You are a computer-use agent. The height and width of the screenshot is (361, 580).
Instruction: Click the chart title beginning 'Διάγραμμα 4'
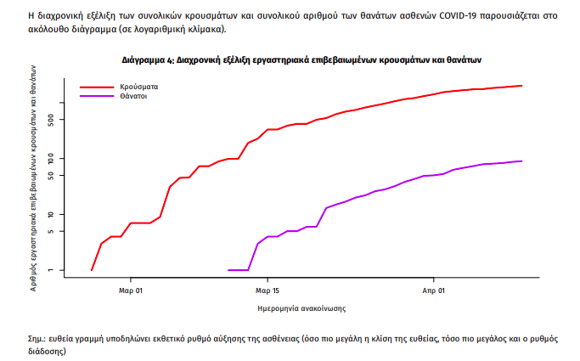[301, 60]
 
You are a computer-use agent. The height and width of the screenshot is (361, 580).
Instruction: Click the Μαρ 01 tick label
[130, 290]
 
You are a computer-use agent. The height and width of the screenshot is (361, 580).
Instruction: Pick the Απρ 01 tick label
[433, 290]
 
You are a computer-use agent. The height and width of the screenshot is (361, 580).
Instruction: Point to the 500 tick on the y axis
[52, 121]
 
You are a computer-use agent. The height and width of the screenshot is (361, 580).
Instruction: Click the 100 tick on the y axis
[52, 159]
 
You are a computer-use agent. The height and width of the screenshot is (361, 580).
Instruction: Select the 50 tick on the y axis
[52, 176]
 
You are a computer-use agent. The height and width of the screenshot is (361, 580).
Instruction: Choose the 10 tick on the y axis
[52, 214]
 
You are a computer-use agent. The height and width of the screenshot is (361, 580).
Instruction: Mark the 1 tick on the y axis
[52, 270]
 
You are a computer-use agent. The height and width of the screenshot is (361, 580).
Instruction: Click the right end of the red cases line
[521, 86]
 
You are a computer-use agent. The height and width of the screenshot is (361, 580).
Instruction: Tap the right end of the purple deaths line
[521, 161]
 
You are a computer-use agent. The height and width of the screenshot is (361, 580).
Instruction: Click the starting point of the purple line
[229, 270]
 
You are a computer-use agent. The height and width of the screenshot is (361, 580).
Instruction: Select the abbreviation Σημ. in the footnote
[37, 338]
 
